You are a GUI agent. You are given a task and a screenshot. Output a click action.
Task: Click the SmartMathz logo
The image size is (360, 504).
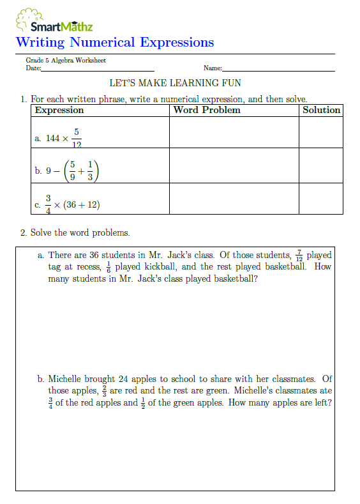(54, 21)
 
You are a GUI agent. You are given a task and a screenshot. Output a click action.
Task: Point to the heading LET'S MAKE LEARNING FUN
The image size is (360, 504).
(176, 84)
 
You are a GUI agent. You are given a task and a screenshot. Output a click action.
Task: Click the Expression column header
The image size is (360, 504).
(59, 110)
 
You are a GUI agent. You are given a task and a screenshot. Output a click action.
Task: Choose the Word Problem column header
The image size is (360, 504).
(207, 110)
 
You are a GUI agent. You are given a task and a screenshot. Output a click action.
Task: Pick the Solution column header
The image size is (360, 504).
(321, 110)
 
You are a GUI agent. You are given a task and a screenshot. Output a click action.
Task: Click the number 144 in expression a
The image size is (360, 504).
(52, 139)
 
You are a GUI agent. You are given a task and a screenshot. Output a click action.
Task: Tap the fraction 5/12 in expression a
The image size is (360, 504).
(76, 138)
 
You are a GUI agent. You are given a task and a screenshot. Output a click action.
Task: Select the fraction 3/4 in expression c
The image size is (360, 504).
(47, 204)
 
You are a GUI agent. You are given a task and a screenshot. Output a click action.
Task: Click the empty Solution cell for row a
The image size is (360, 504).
(320, 133)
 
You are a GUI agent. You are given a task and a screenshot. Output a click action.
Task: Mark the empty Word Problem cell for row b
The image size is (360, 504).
(234, 166)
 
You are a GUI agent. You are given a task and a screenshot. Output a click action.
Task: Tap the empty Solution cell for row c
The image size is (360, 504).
(320, 199)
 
